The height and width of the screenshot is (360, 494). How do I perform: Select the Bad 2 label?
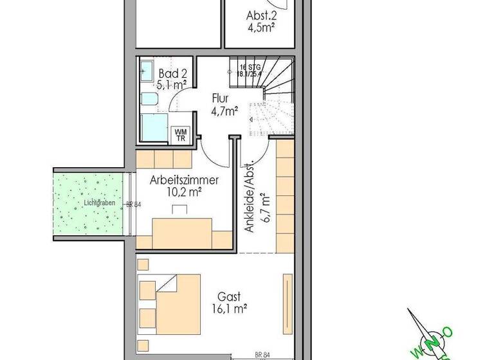[168, 73]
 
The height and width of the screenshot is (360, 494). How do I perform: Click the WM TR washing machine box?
[179, 134]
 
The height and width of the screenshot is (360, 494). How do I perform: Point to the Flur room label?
[224, 99]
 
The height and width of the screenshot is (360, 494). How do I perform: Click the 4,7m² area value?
[224, 111]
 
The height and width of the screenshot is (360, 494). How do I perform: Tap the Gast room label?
[228, 297]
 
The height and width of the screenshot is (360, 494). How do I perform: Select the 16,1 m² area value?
[229, 309]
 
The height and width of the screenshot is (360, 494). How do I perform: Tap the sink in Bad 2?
[145, 70]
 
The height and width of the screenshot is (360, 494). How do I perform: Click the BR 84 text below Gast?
[261, 354]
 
